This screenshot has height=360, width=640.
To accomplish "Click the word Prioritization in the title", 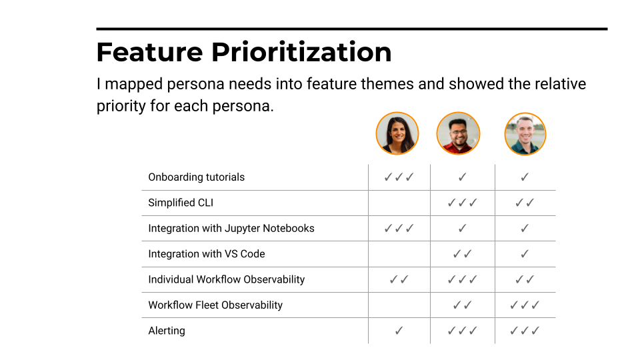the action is [301, 52].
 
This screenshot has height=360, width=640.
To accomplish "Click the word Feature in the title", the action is [149, 52].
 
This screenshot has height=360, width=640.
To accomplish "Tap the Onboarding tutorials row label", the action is [196, 177].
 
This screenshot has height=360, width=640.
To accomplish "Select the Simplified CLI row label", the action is [181, 203].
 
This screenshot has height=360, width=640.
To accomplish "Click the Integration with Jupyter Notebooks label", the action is [231, 228].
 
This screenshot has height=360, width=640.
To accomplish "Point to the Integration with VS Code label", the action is [207, 254].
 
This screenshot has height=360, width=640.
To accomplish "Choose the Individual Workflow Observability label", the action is [227, 279].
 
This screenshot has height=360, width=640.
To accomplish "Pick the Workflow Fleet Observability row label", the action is [215, 305].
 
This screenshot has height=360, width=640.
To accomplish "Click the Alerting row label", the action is [167, 331].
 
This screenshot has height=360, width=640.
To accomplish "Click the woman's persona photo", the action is [397, 133].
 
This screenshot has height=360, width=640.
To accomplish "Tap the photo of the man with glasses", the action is [458, 133].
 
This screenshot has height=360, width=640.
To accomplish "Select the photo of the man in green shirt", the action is [525, 134].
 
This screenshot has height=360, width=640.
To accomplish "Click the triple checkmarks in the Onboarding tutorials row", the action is [399, 177].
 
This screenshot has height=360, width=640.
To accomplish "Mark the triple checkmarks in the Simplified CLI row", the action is [462, 203].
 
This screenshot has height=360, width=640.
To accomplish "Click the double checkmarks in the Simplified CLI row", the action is [525, 203].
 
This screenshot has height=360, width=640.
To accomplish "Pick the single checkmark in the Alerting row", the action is [399, 331].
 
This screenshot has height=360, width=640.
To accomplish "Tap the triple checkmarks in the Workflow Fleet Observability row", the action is [525, 305].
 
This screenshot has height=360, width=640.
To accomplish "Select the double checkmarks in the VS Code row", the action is [462, 254].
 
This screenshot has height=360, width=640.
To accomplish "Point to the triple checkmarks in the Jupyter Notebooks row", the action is [399, 228].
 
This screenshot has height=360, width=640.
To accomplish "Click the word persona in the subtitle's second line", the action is [241, 107].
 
